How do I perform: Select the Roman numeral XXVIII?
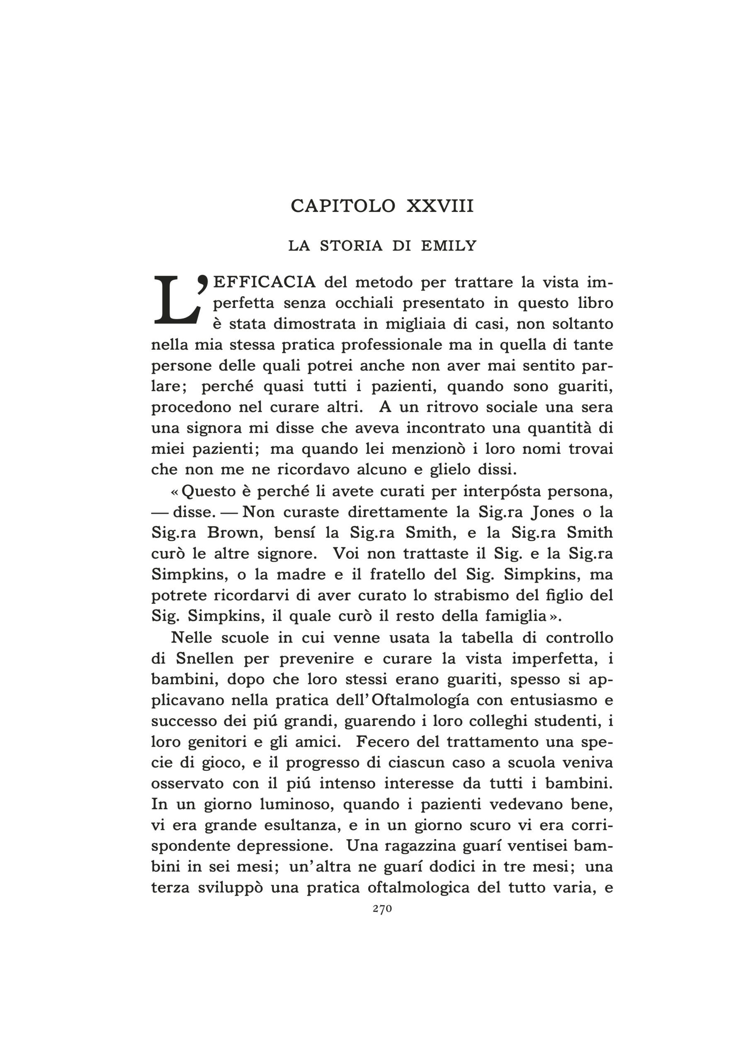[x=440, y=206]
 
